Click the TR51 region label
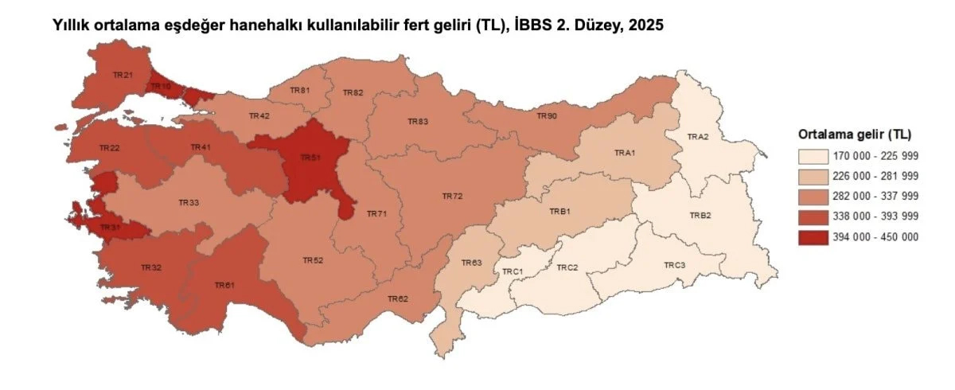[x=310, y=158]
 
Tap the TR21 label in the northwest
[x=123, y=75]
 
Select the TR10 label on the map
[x=161, y=86]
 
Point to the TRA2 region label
[x=698, y=137]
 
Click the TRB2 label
[x=700, y=216]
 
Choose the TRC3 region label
[x=674, y=265]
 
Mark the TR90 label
[x=547, y=116]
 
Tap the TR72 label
[x=452, y=195]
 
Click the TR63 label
[x=472, y=263]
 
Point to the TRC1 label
[x=512, y=271]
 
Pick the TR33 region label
[x=189, y=203]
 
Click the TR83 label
[x=418, y=122]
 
